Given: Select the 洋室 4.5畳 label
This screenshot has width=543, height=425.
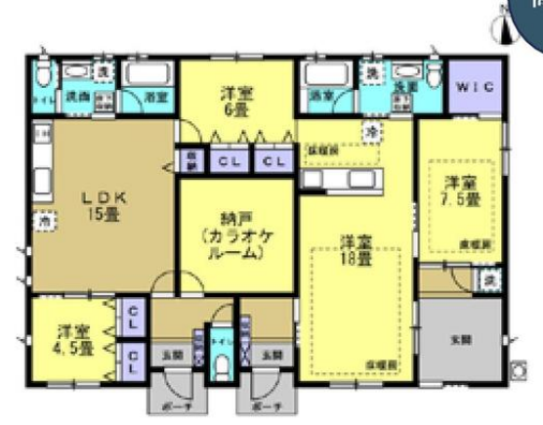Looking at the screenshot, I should pyautogui.click(x=74, y=338).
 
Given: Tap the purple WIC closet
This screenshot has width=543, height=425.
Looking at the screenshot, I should pyautogui.click(x=477, y=87).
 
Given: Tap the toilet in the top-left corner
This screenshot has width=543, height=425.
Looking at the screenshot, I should pyautogui.click(x=42, y=76).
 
